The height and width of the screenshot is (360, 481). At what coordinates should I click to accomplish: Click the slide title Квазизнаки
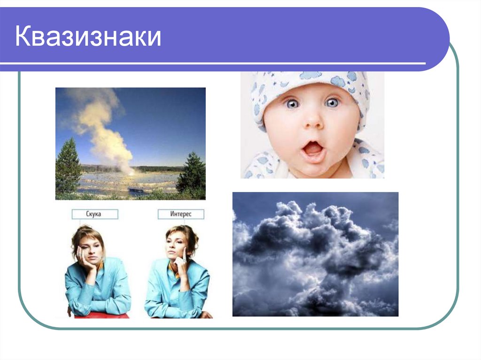pos(88,37)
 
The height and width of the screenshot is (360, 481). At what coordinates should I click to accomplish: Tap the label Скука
pos(95,214)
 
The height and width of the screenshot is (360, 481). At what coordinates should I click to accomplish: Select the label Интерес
pos(181,214)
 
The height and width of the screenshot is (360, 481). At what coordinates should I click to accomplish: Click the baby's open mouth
pos(314,150)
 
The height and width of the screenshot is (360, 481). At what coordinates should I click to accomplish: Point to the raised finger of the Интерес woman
pos(185,256)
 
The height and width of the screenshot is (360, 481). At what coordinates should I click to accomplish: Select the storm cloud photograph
pos(315,254)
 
